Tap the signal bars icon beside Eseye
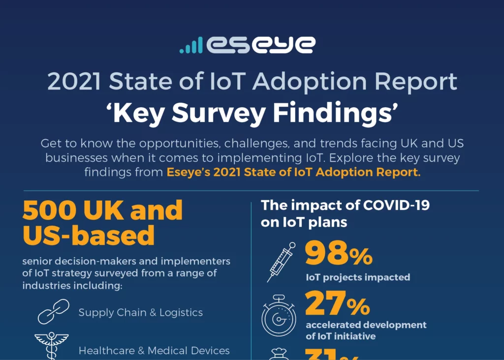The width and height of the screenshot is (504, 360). pyautogui.click(x=190, y=45)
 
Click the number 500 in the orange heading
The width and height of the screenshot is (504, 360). pyautogui.click(x=48, y=210)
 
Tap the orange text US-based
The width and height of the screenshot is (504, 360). pyautogui.click(x=89, y=236)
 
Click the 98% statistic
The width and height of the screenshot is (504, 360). pyautogui.click(x=339, y=254)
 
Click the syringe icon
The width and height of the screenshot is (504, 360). pyautogui.click(x=281, y=262)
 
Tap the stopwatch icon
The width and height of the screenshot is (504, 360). pyautogui.click(x=278, y=315)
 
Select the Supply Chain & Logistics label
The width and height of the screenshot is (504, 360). pyautogui.click(x=141, y=313)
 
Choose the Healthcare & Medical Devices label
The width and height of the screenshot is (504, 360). pyautogui.click(x=154, y=351)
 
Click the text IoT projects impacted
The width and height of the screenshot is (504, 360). pyautogui.click(x=358, y=277)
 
